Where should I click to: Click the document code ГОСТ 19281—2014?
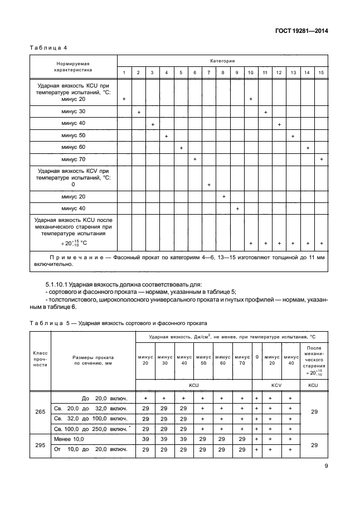tap(300, 31)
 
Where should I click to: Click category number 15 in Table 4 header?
tap(321, 73)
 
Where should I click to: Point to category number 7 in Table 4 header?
tap(208, 73)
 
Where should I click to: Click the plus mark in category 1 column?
tap(124, 99)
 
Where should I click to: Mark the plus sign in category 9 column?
tap(237, 209)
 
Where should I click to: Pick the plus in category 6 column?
tap(194, 159)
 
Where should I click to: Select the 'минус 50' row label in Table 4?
tap(74, 135)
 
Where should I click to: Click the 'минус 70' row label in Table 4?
tap(74, 159)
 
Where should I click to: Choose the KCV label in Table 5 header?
tap(276, 385)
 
